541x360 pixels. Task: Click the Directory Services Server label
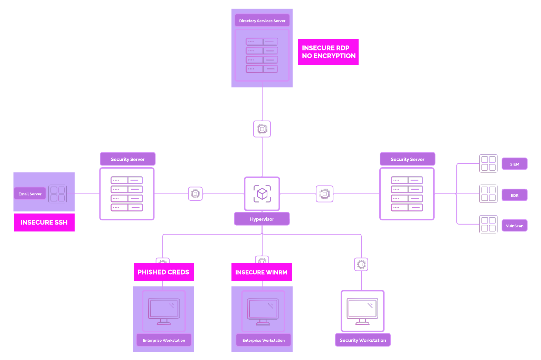262,21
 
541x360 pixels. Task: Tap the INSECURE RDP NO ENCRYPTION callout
328,52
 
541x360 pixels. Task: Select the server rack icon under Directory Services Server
262,55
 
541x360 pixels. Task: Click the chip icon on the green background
262,129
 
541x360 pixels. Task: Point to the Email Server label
30,194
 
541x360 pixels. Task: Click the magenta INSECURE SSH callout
44,222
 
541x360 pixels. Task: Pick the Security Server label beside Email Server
127,159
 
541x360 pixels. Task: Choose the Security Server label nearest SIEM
407,159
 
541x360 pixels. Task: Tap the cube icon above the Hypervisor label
262,193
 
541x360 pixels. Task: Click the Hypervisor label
262,219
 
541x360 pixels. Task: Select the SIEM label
514,164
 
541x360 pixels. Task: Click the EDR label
514,195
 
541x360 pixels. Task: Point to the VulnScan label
514,226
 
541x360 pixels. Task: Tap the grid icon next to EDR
488,194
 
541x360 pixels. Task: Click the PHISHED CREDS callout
164,272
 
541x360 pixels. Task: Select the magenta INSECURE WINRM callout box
262,272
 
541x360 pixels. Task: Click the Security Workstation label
363,340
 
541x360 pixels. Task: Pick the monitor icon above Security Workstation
363,311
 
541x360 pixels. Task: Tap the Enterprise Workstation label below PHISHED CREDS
164,340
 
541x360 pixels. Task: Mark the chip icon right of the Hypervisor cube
325,194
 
